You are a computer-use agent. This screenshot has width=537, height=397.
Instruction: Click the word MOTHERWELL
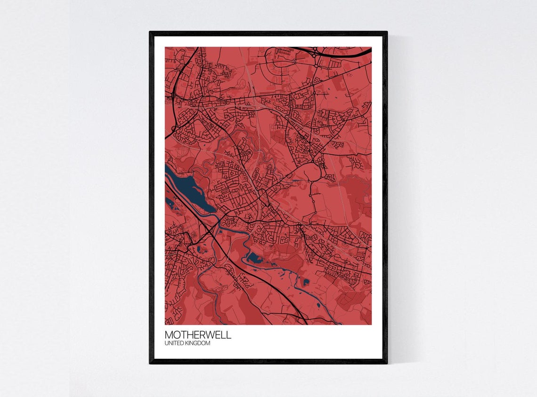click(x=198, y=335)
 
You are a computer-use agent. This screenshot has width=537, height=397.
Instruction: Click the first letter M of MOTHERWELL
click(x=169, y=335)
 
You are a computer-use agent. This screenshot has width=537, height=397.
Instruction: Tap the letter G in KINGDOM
click(x=198, y=343)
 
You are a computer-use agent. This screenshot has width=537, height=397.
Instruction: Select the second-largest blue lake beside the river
click(x=254, y=258)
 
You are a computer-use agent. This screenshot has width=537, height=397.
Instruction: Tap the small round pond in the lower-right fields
click(x=307, y=282)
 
